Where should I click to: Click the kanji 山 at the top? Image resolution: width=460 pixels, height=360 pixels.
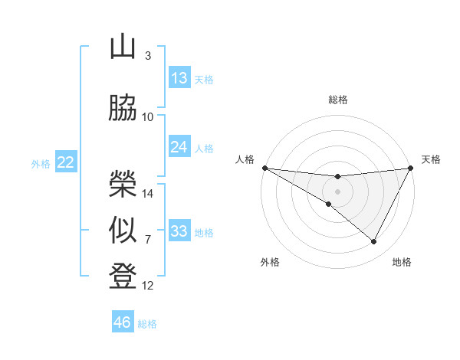pos(123,47)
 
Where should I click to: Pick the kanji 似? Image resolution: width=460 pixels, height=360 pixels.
pos(123,231)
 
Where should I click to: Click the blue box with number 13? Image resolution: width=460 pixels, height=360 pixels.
pos(179,78)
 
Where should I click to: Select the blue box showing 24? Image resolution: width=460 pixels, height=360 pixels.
pos(179,147)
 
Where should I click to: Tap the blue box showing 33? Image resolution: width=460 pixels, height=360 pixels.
pos(179,231)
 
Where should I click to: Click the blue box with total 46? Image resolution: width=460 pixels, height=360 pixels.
pos(123,322)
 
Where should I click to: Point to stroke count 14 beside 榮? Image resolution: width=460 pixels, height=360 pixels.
pos(148,193)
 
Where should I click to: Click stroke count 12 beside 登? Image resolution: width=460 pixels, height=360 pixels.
pos(148,286)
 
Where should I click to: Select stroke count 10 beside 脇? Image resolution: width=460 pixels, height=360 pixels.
pos(148,116)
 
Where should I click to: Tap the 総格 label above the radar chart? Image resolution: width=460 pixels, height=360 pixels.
pos(337,100)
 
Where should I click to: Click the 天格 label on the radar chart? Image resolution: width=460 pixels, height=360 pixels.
pos(431,159)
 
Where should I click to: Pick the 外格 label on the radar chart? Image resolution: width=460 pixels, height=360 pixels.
pos(270,262)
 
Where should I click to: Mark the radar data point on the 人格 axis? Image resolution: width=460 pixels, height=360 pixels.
pos(264,167)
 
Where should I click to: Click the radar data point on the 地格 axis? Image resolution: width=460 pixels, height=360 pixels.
pos(374,242)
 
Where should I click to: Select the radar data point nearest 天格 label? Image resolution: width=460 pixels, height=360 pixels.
pos(410,167)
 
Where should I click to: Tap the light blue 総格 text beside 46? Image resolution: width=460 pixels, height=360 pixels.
pos(147,324)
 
